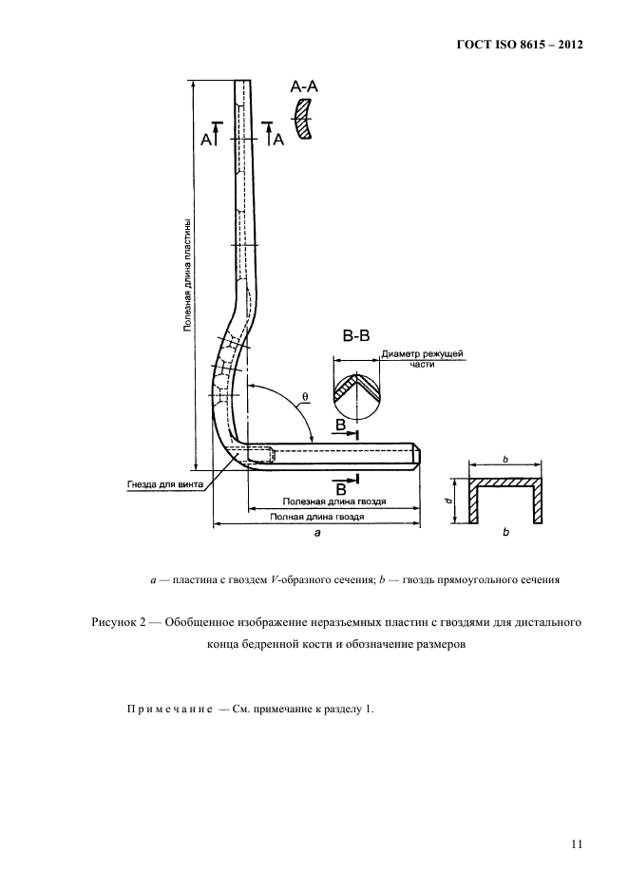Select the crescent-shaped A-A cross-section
(x=304, y=122)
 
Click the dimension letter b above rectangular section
(x=505, y=459)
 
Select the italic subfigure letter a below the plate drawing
(x=317, y=535)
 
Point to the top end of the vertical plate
(x=244, y=83)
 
